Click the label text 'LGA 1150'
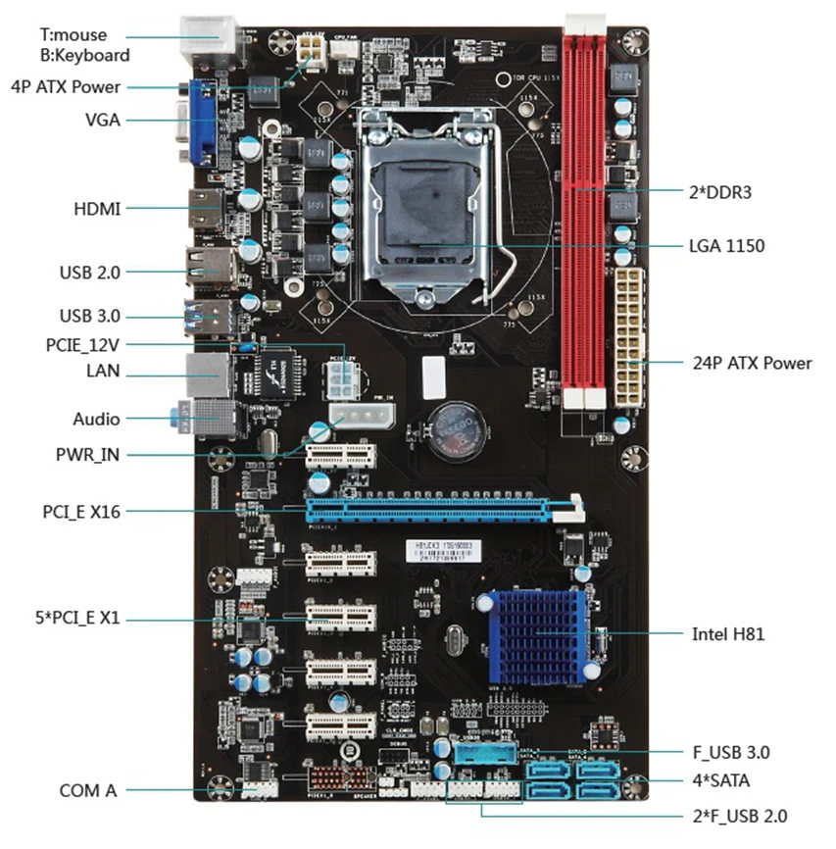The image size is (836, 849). (x=727, y=246)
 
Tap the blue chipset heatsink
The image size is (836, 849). (x=532, y=634)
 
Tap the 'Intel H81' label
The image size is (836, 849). (x=728, y=633)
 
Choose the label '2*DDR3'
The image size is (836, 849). (x=719, y=192)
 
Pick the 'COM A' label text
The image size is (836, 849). (x=87, y=790)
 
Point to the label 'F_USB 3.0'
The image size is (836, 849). (x=730, y=753)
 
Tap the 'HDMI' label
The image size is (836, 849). (x=97, y=209)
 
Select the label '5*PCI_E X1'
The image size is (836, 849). (x=74, y=619)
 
